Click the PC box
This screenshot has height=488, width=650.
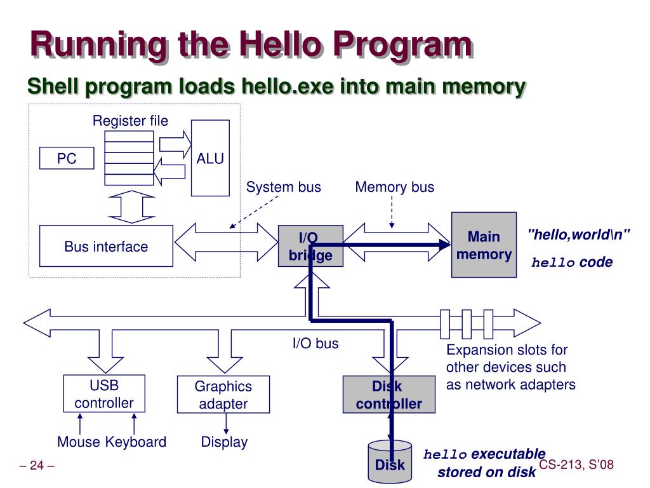click(67, 158)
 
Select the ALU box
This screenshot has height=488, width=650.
click(210, 158)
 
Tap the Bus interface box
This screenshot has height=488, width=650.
click(106, 246)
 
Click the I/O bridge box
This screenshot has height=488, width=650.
click(310, 246)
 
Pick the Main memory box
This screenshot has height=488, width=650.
click(484, 245)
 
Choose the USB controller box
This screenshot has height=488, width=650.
click(104, 394)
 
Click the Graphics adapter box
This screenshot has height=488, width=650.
click(223, 395)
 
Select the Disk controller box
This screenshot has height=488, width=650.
click(388, 395)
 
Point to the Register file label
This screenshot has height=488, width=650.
click(131, 121)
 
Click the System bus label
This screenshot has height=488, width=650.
click(284, 187)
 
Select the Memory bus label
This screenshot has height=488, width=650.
click(395, 187)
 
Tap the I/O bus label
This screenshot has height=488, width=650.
click(315, 344)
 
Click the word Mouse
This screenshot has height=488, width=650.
click(79, 442)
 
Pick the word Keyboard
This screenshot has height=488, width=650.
click(136, 442)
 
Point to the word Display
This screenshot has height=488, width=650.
click(224, 442)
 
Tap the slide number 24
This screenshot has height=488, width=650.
click(37, 466)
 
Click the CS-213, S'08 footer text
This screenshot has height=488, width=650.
click(576, 466)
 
